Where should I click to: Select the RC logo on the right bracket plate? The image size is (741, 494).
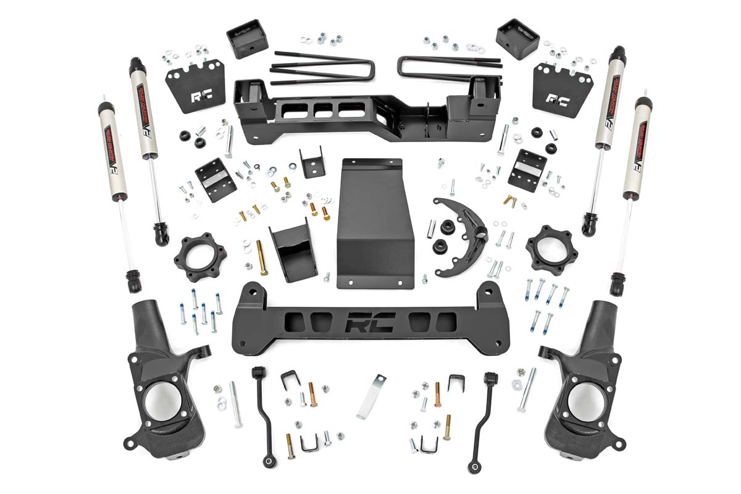[x=558, y=99]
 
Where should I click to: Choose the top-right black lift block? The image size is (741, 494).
[x=517, y=39]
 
